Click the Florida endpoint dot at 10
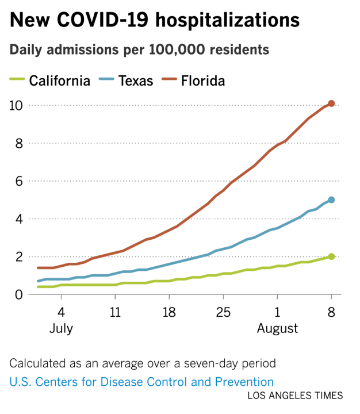(x=331, y=103)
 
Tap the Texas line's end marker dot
(x=331, y=200)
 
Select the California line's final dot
(x=331, y=256)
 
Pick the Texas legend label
(x=136, y=80)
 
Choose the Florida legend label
(x=202, y=80)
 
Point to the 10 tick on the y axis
(x=16, y=105)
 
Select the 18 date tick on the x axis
(x=169, y=312)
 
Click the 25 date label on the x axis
(x=223, y=312)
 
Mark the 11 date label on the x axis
(x=115, y=312)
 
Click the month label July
(x=61, y=329)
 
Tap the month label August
(x=277, y=329)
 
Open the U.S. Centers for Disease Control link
(x=141, y=381)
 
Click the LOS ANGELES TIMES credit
(x=295, y=396)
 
